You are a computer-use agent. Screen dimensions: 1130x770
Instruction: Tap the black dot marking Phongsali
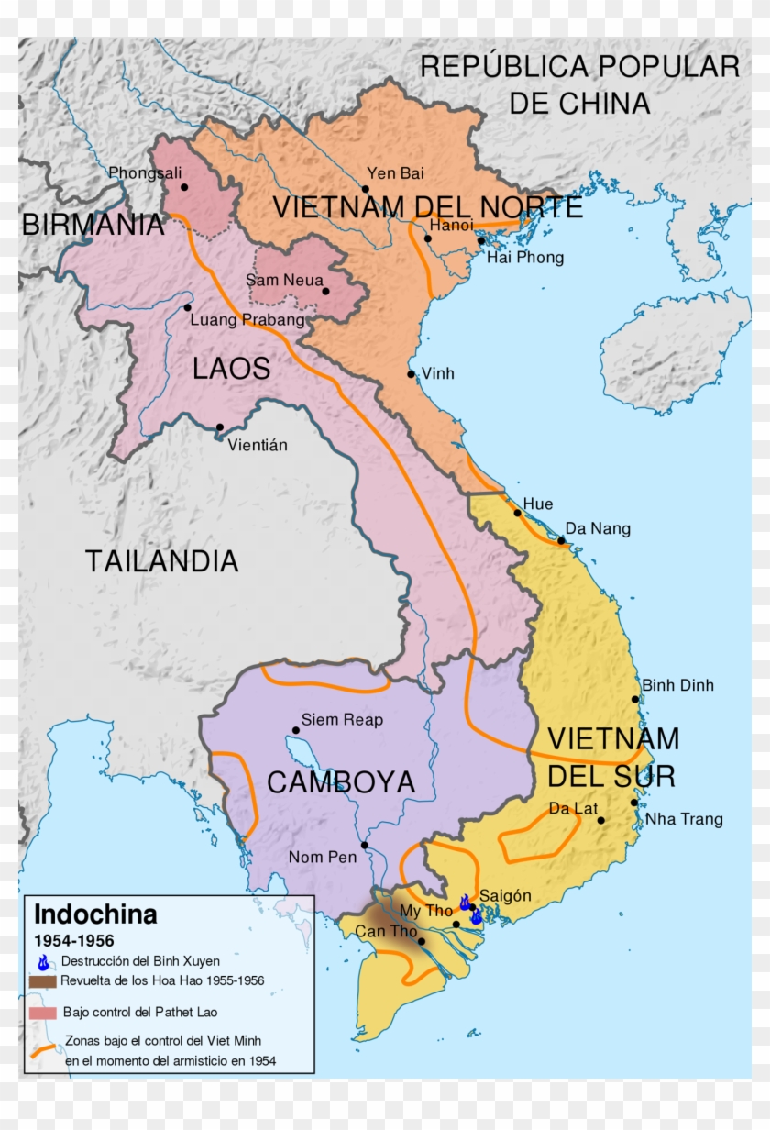click(184, 187)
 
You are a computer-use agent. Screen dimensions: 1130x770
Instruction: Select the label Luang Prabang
click(247, 320)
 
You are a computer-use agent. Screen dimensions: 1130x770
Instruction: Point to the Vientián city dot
click(220, 427)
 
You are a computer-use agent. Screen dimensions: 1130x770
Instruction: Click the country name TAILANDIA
click(162, 560)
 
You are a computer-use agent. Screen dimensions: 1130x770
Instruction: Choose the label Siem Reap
click(342, 720)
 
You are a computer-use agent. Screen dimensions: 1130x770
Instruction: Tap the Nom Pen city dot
click(365, 845)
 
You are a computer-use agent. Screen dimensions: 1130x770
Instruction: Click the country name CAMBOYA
click(341, 782)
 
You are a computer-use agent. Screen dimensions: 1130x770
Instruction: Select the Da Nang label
click(597, 528)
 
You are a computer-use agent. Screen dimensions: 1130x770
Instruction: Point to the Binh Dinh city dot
click(634, 699)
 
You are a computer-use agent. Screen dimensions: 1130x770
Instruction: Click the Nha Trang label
click(684, 819)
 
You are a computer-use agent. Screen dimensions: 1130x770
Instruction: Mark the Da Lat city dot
click(601, 820)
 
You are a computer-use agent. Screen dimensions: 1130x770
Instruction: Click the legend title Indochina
click(95, 914)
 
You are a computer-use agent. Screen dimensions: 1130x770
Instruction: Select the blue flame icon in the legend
click(43, 962)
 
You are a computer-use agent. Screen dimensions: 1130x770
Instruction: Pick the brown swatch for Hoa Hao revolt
click(43, 980)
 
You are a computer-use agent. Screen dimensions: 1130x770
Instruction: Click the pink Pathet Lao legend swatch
click(43, 1012)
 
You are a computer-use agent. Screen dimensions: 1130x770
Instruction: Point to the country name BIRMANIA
click(93, 225)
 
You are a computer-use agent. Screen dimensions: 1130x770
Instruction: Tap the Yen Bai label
click(395, 172)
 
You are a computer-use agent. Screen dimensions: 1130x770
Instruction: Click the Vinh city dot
click(412, 373)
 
